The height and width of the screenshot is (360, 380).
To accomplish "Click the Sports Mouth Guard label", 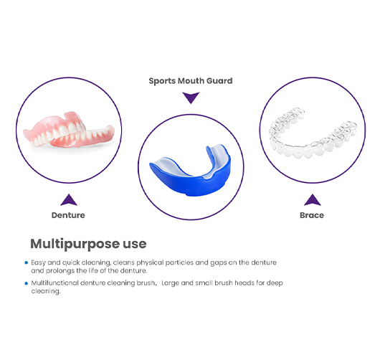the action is [x=191, y=81].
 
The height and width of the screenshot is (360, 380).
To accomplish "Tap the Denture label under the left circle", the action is [x=68, y=215].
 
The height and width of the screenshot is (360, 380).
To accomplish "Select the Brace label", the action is [x=312, y=215].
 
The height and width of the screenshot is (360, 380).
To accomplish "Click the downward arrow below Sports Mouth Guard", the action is [x=191, y=98].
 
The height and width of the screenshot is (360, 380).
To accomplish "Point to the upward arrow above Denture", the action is [x=69, y=200].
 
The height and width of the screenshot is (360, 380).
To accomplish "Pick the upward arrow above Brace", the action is [x=313, y=200].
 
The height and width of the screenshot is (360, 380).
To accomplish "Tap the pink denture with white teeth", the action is [x=69, y=130].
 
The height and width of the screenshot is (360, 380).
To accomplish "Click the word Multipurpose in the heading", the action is [x=75, y=244].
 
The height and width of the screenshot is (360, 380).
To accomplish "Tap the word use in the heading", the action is [x=135, y=244].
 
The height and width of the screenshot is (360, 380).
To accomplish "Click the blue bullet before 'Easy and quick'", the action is [x=27, y=262].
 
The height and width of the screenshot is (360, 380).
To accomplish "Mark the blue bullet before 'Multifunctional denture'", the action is [x=27, y=283].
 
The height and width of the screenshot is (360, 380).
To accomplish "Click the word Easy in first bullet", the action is [x=38, y=262].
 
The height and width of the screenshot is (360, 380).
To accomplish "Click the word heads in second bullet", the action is [x=244, y=283].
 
